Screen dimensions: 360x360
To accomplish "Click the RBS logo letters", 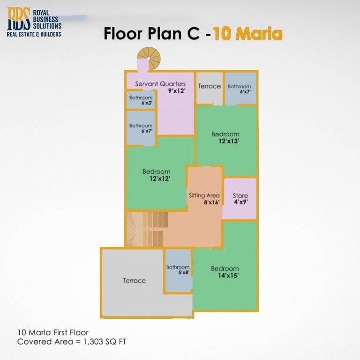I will (x=18, y=19).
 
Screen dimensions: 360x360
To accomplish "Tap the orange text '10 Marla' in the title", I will (x=247, y=34).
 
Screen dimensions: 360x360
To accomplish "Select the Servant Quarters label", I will (x=160, y=84).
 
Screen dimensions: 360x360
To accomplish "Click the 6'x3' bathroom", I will (x=141, y=100).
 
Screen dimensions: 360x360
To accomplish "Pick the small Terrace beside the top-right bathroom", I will (x=209, y=88).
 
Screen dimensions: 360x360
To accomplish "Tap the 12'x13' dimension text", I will (x=229, y=141).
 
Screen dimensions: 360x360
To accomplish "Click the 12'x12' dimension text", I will (x=159, y=179).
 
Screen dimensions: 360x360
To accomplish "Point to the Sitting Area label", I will (x=204, y=195).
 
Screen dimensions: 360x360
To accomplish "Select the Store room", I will (x=240, y=198).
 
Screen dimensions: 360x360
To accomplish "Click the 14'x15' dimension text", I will (x=228, y=276).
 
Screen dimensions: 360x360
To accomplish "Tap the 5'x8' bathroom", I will (x=178, y=270).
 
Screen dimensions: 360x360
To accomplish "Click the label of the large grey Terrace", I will (x=134, y=280).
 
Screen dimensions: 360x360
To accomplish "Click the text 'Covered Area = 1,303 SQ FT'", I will (x=72, y=342).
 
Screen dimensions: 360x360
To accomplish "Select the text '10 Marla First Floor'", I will (x=52, y=333).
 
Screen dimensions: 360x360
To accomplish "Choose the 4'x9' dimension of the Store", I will (x=240, y=202).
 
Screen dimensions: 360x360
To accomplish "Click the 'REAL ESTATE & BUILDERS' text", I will (x=34, y=34).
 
